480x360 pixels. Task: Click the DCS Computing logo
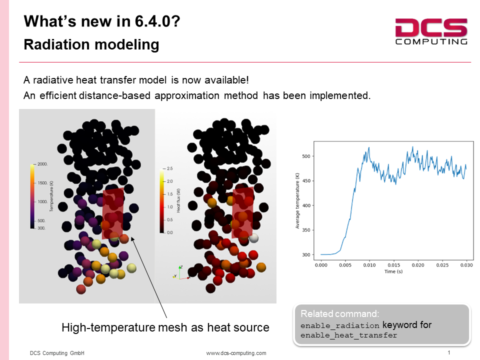pyautogui.click(x=431, y=31)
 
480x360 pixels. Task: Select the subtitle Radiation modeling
pyautogui.click(x=91, y=44)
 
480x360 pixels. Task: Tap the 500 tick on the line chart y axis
pyautogui.click(x=306, y=156)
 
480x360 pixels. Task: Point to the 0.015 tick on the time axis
pyautogui.click(x=393, y=265)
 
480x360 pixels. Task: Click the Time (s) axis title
pyautogui.click(x=393, y=271)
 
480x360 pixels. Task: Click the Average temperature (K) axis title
pyautogui.click(x=297, y=201)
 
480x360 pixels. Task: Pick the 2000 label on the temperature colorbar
pyautogui.click(x=42, y=164)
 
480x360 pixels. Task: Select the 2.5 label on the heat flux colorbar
pyautogui.click(x=169, y=168)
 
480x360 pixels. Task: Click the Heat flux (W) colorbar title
pyautogui.click(x=178, y=200)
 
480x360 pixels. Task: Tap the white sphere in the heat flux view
pyautogui.click(x=253, y=237)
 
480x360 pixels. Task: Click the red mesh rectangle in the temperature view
pyautogui.click(x=113, y=213)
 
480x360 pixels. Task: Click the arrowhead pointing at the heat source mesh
pyautogui.click(x=132, y=239)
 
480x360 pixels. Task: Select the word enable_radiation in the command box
pyautogui.click(x=340, y=325)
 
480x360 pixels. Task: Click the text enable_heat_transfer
pyautogui.click(x=348, y=335)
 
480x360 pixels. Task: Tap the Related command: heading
pyautogui.click(x=340, y=314)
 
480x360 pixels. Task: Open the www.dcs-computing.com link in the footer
pyautogui.click(x=236, y=353)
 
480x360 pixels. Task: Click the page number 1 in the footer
pyautogui.click(x=449, y=352)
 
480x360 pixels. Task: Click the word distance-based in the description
pyautogui.click(x=114, y=95)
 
